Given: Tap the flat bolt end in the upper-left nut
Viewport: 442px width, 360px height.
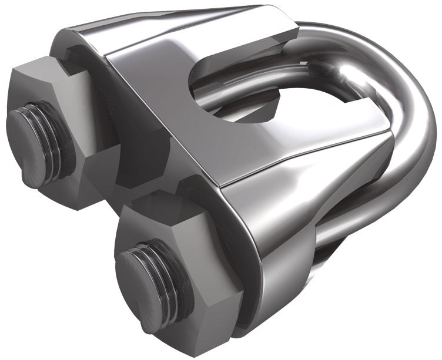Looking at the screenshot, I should click(x=26, y=132).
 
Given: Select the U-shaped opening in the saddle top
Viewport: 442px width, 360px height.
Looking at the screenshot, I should click(x=235, y=88).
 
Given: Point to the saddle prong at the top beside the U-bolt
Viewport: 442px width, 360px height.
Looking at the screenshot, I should click(x=264, y=23).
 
